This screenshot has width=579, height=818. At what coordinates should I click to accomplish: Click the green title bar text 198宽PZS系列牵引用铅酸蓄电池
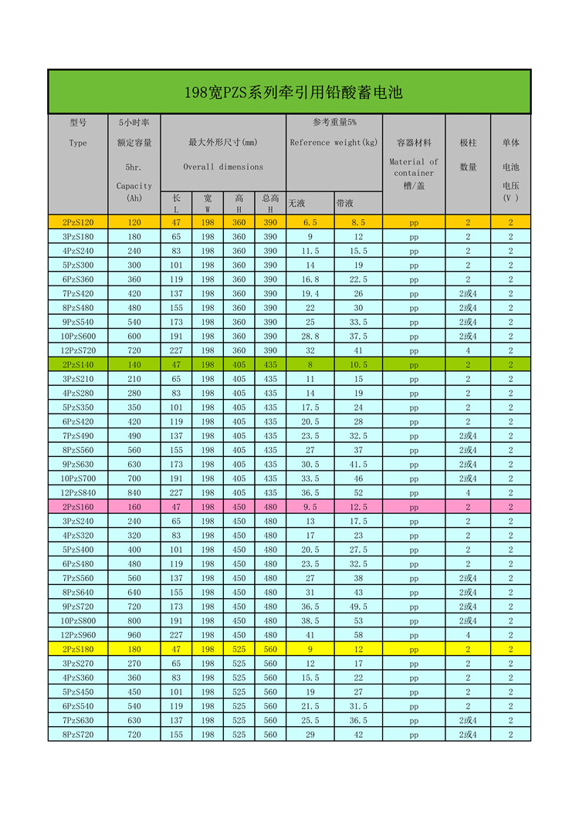293,93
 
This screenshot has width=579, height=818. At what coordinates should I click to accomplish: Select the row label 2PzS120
77,222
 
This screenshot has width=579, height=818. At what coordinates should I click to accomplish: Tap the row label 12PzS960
77,635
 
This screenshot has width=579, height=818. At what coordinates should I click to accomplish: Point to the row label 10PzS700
77,478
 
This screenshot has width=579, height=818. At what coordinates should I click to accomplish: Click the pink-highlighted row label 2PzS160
77,507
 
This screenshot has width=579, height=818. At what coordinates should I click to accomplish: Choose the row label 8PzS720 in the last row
77,735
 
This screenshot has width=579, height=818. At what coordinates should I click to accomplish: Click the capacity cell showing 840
134,493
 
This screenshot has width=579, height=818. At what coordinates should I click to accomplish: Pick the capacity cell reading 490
134,436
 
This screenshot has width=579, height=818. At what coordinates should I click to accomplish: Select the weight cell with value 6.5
310,222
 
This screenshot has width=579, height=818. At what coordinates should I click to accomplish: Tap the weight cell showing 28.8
310,336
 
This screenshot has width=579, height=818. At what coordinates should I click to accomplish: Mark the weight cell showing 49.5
358,607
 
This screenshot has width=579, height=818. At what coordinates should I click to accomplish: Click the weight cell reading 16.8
310,279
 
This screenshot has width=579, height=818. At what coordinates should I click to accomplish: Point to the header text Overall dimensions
223,167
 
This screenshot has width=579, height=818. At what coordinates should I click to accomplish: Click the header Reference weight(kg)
334,143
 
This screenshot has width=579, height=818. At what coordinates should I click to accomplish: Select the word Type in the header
78,143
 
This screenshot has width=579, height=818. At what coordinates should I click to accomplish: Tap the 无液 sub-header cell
297,203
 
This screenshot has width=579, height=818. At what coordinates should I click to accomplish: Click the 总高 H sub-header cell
270,203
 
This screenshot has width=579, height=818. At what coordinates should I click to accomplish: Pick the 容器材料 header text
414,143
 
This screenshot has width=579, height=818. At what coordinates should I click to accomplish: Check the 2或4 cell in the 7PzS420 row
468,293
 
